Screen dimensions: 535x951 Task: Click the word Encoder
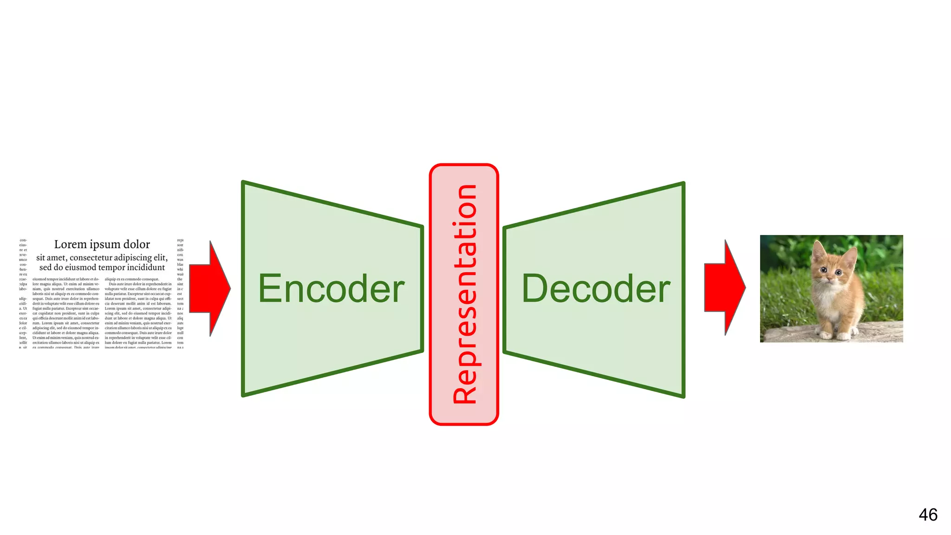click(x=331, y=289)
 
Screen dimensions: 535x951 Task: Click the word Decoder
click(x=596, y=289)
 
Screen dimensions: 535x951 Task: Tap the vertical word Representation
click(x=464, y=294)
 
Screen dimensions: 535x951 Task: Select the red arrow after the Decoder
click(x=725, y=287)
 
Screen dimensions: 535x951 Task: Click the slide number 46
click(x=928, y=515)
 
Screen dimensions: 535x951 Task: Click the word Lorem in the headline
click(x=70, y=244)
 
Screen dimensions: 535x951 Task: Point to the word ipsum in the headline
click(x=104, y=245)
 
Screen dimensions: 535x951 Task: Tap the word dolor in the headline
click(x=137, y=244)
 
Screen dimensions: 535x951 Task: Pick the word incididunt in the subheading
click(x=146, y=267)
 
